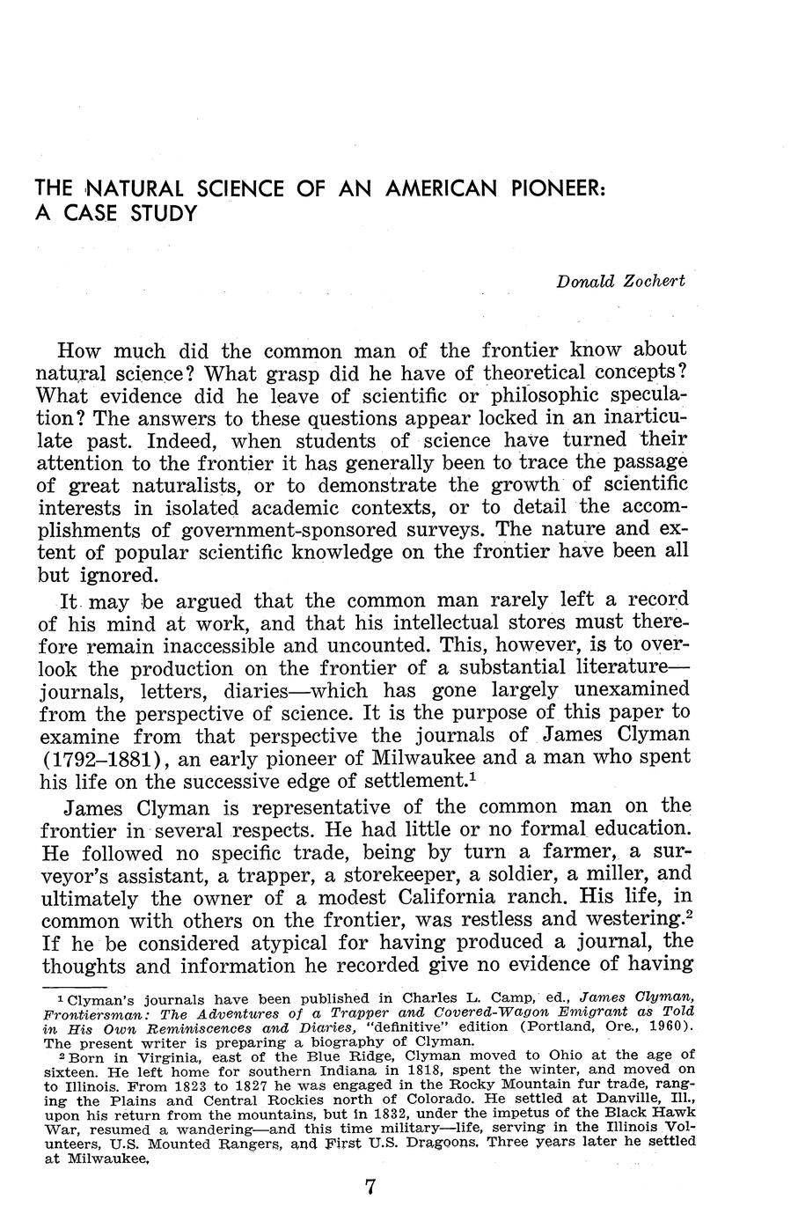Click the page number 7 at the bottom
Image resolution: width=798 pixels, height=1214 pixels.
(x=370, y=1187)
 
